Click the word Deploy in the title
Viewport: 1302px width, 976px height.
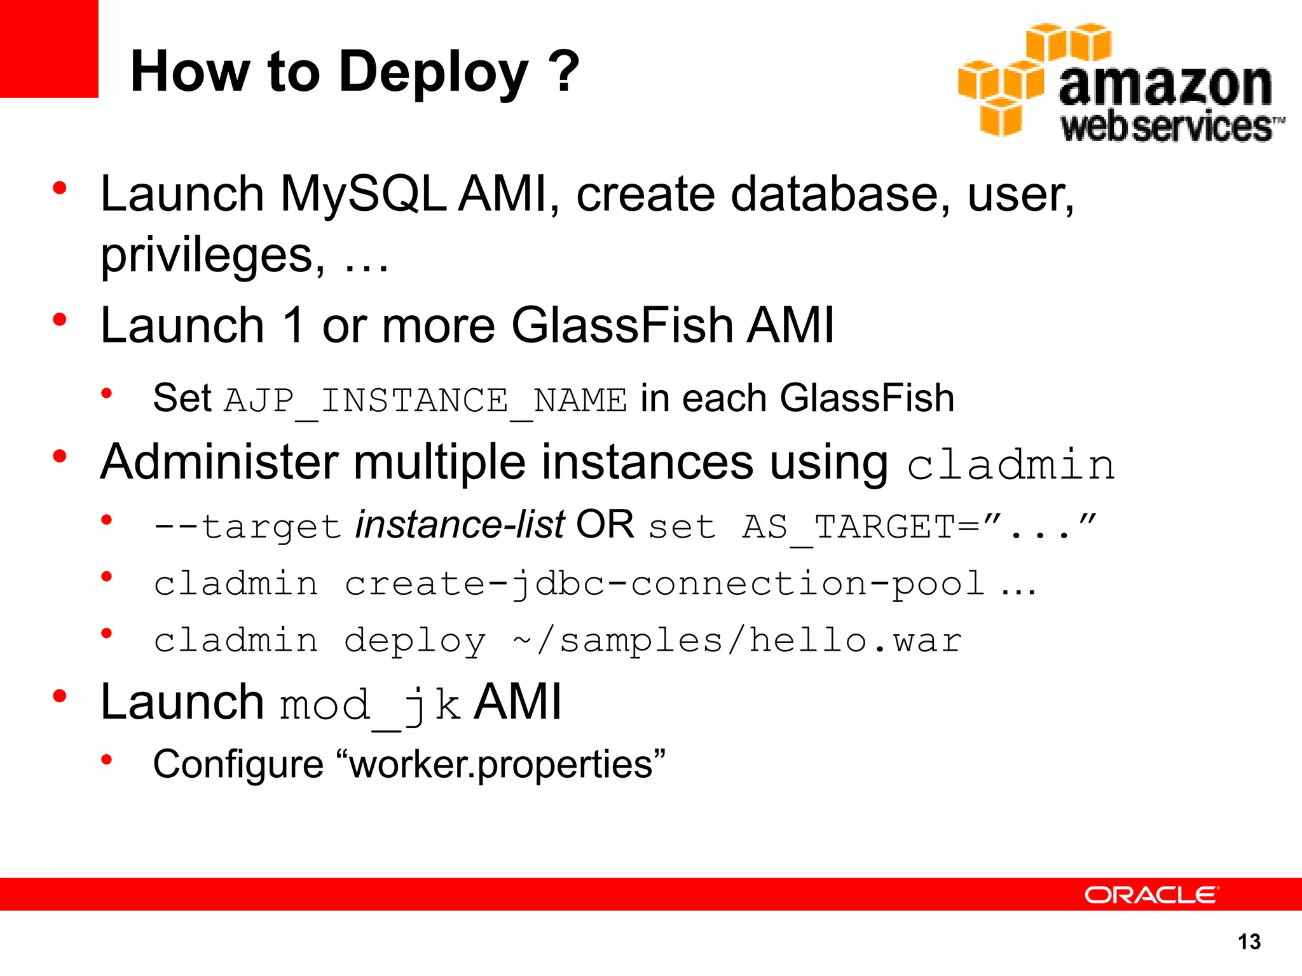tap(433, 72)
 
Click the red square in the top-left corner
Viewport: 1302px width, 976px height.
tap(48, 48)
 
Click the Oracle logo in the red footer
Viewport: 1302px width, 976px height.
tap(1151, 895)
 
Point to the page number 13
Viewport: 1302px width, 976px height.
tap(1249, 942)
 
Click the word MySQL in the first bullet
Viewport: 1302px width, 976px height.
tap(363, 194)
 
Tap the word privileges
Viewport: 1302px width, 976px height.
tap(213, 255)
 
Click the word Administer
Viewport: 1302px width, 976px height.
tap(219, 462)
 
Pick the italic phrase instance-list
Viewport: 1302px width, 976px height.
tap(460, 525)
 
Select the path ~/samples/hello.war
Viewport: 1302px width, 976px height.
tap(737, 640)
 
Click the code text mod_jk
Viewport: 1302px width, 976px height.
tap(370, 705)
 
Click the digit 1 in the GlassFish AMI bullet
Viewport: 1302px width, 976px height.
tap(294, 325)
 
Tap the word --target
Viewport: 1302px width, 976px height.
tap(248, 527)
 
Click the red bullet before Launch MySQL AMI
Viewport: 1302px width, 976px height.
tap(60, 188)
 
